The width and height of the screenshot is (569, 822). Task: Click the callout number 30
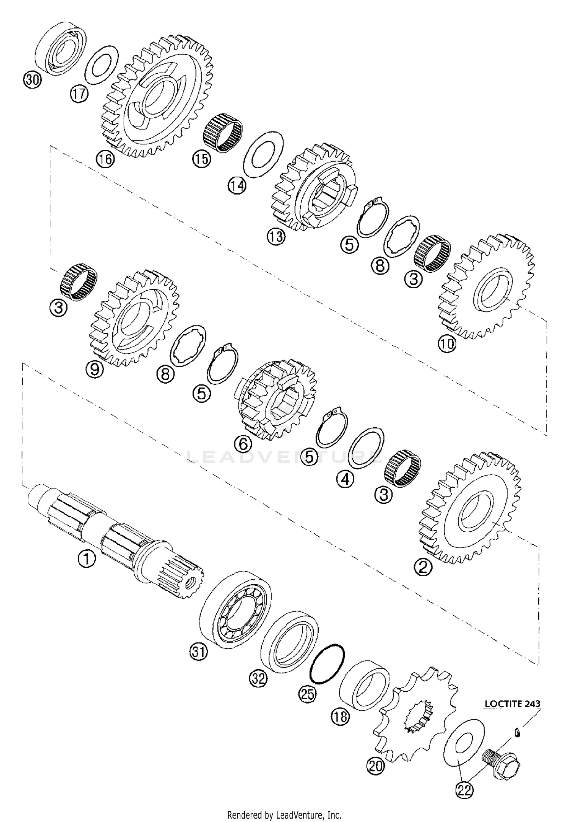[x=32, y=81]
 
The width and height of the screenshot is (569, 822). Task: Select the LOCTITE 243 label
[x=512, y=703]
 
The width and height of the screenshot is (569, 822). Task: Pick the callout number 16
[x=105, y=159]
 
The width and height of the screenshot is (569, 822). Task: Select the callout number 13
[x=276, y=237]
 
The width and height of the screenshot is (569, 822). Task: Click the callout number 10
[x=447, y=344]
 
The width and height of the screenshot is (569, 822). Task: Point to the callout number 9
[x=95, y=368]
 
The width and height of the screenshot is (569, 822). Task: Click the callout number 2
[x=423, y=568]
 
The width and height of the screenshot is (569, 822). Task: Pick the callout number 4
[x=346, y=480]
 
